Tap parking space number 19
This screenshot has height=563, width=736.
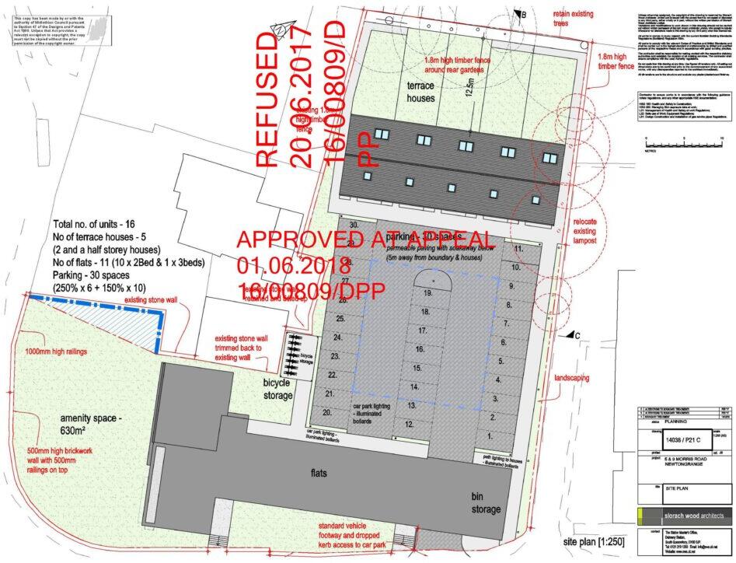click(x=427, y=295)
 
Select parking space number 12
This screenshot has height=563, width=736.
click(x=410, y=424)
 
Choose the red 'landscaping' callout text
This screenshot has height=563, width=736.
click(x=576, y=376)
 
